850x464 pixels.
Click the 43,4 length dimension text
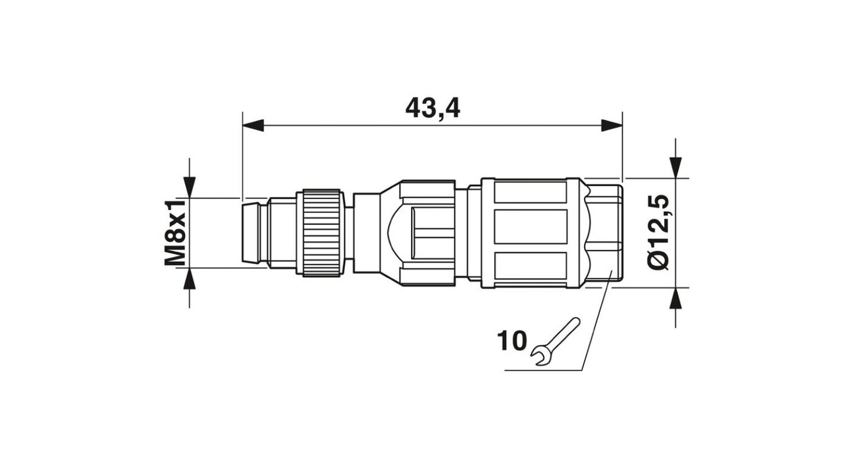(x=432, y=109)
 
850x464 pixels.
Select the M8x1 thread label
(x=175, y=233)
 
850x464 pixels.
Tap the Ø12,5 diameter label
(x=658, y=232)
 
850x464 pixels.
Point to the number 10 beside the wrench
(x=512, y=341)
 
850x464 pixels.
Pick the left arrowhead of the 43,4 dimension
(x=253, y=125)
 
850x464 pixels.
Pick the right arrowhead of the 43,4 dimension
(x=612, y=125)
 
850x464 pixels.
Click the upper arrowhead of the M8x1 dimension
(x=189, y=187)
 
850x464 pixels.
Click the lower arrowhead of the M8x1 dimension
(x=189, y=278)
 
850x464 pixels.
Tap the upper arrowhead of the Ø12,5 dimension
(x=676, y=167)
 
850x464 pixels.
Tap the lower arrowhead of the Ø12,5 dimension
(x=676, y=298)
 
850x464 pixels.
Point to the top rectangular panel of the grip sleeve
(x=531, y=193)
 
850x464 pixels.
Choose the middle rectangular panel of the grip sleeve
(x=531, y=227)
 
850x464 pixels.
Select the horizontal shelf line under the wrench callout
(x=543, y=370)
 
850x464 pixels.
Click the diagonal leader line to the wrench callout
(x=596, y=321)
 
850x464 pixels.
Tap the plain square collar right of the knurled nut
(x=366, y=233)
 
